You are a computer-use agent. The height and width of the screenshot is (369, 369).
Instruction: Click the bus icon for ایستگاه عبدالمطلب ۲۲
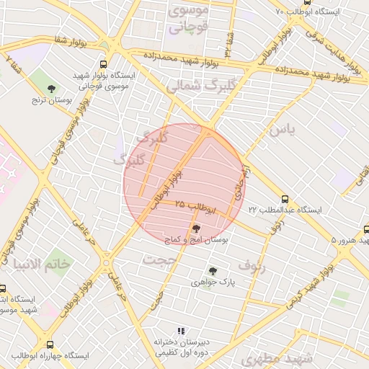[285, 199]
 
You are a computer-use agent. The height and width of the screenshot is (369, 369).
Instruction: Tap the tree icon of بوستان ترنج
[50, 89]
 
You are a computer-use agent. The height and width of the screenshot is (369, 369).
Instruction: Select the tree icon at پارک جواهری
[212, 271]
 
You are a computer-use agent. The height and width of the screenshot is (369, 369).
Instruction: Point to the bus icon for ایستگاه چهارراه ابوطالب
[50, 345]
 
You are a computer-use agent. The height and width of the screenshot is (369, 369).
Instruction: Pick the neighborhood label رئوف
[252, 265]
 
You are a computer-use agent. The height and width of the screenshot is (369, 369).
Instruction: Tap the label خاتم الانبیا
[51, 263]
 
